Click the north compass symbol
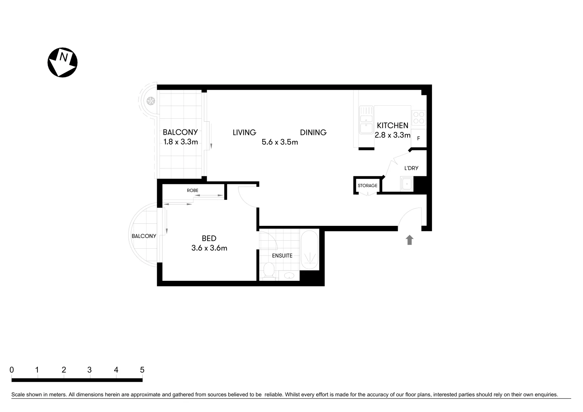62,63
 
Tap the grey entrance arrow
409,240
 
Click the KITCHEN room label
392,126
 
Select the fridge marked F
419,138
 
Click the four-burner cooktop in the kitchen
419,117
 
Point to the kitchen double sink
366,120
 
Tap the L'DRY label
411,168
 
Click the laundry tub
407,184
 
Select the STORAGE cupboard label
367,186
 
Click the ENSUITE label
282,256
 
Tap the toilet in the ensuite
269,272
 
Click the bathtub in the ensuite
309,250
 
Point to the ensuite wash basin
289,275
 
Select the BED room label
209,238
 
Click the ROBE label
192,190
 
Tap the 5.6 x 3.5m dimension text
280,142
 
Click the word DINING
313,132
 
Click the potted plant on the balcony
151,101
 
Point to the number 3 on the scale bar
89,370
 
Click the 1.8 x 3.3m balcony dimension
180,142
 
